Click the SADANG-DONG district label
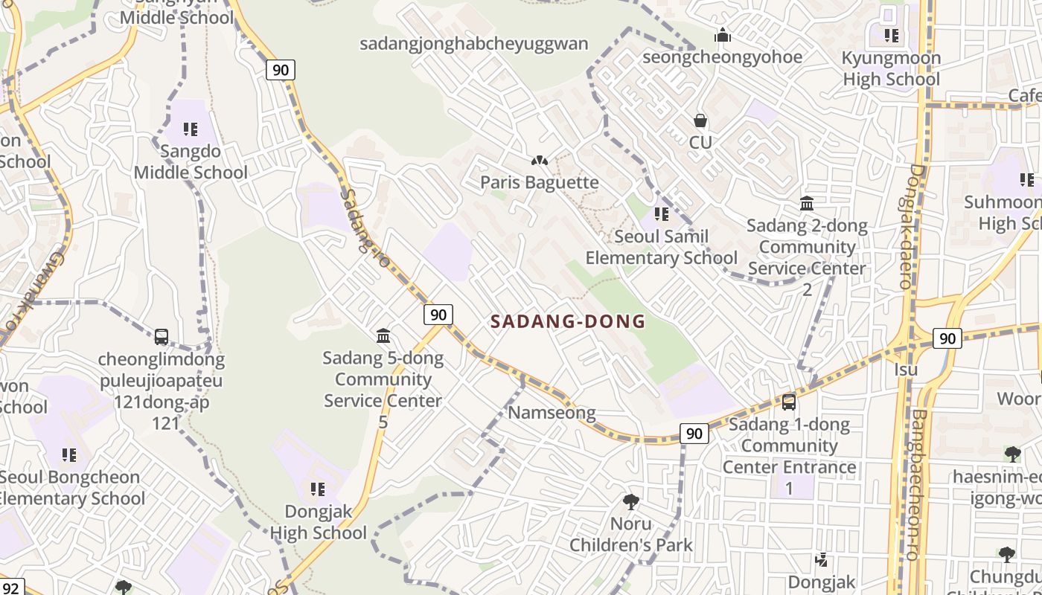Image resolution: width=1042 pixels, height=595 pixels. [x=568, y=321]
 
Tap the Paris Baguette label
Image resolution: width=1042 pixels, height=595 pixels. [x=539, y=182]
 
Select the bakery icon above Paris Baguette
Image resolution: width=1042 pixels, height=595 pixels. [x=539, y=160]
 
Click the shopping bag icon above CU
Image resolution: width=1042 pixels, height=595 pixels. [x=700, y=120]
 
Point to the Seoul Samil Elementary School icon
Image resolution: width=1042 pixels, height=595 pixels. [x=661, y=215]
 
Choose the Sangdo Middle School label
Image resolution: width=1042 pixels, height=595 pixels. [x=191, y=162]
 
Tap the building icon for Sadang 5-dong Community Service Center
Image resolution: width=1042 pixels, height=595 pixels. [x=383, y=336]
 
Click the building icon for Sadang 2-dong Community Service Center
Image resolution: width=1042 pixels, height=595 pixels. [x=807, y=203]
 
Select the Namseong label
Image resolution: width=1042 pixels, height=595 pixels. [x=552, y=413]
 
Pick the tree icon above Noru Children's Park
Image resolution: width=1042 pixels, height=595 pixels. [x=631, y=502]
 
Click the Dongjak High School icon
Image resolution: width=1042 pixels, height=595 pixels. [x=318, y=489]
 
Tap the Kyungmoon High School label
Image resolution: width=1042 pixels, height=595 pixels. [x=891, y=68]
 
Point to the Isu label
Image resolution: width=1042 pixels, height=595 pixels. [x=906, y=370]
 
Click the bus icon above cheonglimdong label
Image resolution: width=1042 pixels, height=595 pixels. [x=162, y=337]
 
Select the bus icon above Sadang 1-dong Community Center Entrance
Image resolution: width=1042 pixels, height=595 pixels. [x=789, y=402]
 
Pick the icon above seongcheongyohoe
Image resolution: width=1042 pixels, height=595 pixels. [x=722, y=35]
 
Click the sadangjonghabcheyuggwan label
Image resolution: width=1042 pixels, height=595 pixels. [x=474, y=44]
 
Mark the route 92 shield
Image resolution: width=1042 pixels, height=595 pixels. [x=10, y=587]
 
